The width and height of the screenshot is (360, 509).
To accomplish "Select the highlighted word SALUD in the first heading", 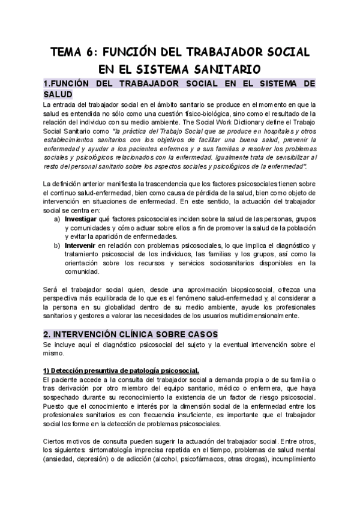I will point(58,94).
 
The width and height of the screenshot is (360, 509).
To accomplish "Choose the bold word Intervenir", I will point(82,245).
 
